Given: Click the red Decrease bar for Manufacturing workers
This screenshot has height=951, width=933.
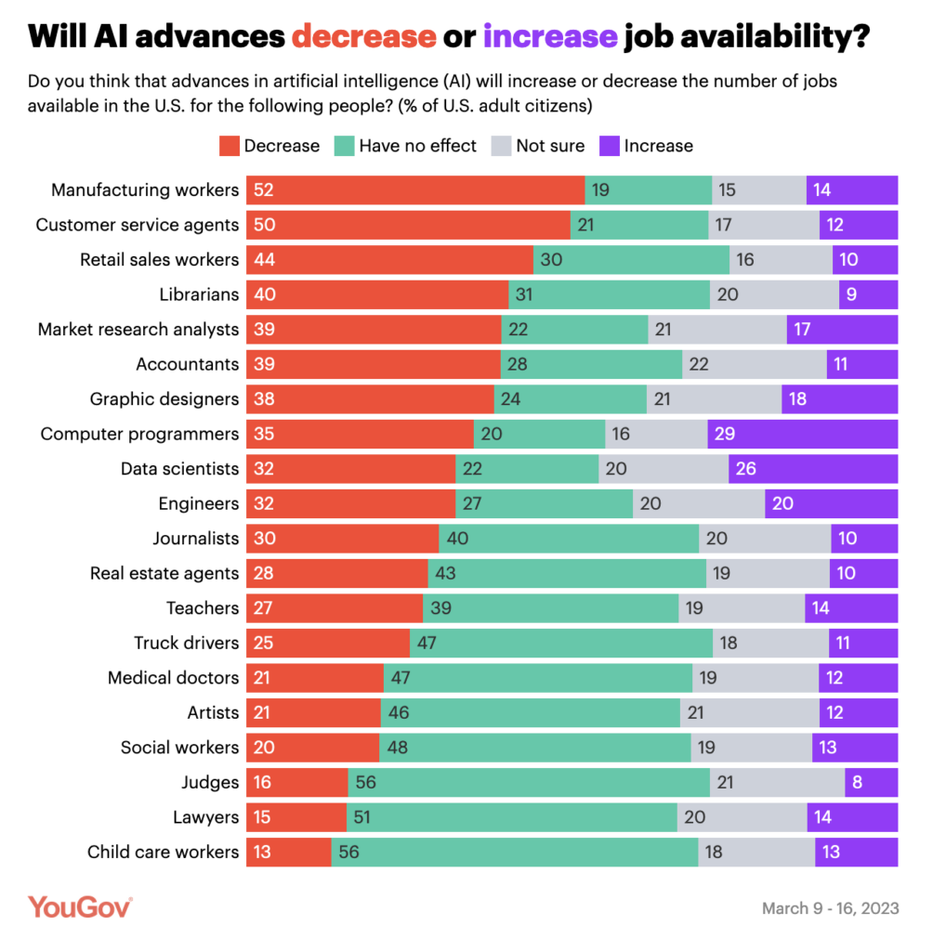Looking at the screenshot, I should point(415,190).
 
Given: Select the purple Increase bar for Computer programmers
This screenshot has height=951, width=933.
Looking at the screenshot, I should point(803,434).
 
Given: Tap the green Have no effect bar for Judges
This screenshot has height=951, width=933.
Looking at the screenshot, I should point(529,782).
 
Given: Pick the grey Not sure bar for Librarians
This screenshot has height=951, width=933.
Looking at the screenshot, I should point(774,294).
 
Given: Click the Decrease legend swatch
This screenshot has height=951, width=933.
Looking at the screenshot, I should point(229,146).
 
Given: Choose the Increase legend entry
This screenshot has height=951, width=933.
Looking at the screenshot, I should point(647,146).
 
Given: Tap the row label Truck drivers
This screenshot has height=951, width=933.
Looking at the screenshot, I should point(186,643).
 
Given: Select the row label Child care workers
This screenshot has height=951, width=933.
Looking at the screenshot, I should point(163,852).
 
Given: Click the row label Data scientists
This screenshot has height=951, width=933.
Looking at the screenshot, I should point(179,469).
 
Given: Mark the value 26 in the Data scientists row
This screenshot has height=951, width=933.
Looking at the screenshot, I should point(745,469).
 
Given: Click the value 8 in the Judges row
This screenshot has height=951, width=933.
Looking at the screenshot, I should point(857,782).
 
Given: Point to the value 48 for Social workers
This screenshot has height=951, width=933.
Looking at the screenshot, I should point(398,748).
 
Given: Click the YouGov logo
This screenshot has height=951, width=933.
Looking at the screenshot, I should point(80,907).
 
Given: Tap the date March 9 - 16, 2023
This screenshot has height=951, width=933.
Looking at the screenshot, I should point(830,908).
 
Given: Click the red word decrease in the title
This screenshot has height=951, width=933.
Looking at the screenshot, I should point(363,36).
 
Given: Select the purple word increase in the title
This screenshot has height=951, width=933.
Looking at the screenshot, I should point(550,36).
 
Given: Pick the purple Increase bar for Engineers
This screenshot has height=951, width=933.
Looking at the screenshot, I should point(832,503).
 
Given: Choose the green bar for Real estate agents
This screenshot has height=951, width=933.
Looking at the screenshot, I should point(567,573).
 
